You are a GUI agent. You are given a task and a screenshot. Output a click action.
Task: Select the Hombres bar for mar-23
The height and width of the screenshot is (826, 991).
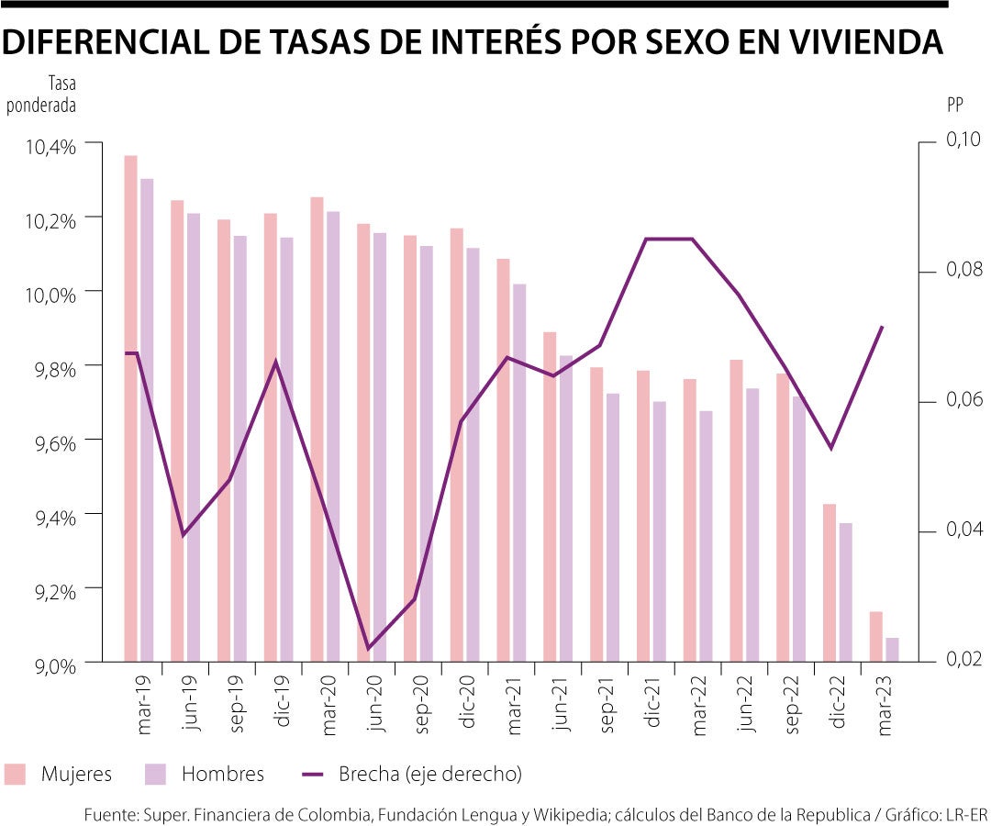coord(892,650)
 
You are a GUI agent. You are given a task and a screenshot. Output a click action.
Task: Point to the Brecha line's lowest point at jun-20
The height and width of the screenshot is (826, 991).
coord(369,649)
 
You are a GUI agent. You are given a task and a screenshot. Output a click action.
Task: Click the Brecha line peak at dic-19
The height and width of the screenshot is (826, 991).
coord(276,362)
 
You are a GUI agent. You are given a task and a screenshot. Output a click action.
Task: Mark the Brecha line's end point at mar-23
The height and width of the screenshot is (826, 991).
coord(882,327)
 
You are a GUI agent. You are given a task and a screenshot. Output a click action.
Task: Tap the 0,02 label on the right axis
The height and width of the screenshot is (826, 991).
coord(963,659)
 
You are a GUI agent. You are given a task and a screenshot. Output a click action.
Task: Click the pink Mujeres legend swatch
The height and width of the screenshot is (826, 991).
coord(16,774)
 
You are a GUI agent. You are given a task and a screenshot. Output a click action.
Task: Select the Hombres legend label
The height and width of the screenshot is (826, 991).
coord(222,774)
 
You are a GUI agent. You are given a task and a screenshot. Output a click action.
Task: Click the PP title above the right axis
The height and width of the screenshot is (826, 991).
coord(954,104)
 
